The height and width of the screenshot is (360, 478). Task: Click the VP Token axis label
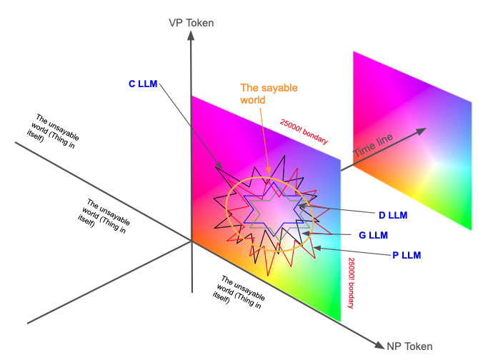point(191,23)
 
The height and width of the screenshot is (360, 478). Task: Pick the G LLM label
point(374,234)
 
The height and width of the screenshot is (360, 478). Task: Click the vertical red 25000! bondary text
point(352,283)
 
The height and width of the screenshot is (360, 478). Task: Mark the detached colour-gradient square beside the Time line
point(412,141)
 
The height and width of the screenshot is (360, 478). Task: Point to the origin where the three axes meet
point(191,241)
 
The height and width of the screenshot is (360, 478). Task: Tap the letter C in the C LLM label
point(132,84)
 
